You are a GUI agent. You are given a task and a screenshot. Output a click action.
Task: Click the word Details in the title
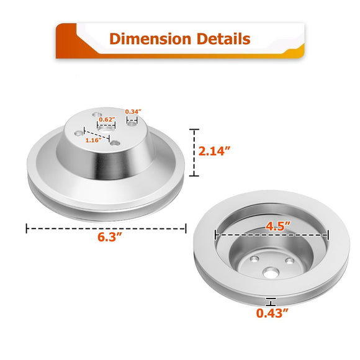pyautogui.click(x=220, y=39)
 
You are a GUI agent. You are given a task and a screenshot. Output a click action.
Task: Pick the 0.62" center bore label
pyautogui.click(x=107, y=119)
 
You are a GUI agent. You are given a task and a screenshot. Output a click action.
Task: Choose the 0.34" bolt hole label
pyautogui.click(x=133, y=112)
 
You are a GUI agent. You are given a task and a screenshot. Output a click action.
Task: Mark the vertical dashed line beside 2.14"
pyautogui.click(x=195, y=153)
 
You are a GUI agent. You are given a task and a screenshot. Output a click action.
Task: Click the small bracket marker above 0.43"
pyautogui.click(x=270, y=302)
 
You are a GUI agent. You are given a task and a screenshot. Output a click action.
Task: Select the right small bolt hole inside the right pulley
pyautogui.click(x=289, y=261)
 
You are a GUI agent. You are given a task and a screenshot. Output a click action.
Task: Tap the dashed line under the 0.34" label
pyautogui.click(x=132, y=117)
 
